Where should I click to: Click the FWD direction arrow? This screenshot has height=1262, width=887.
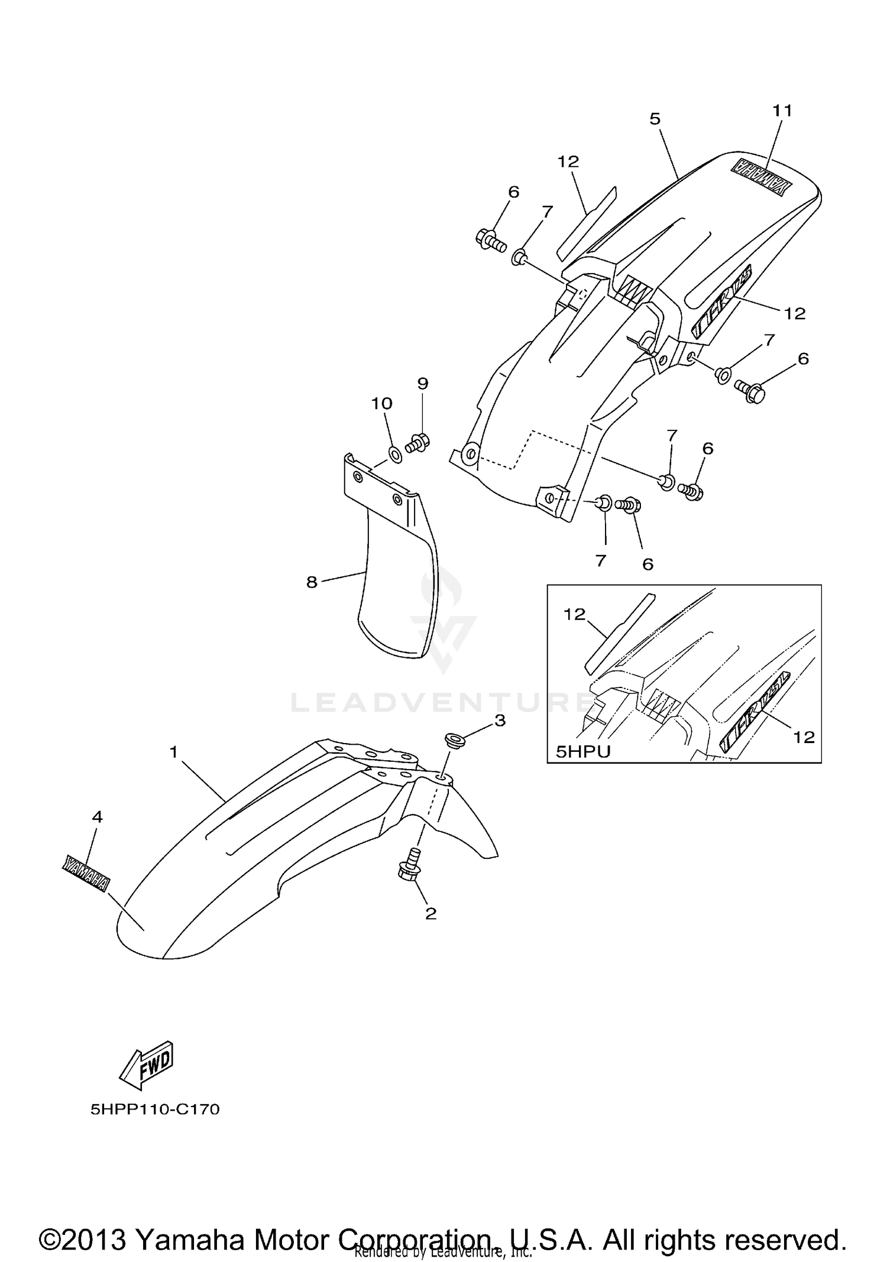(x=146, y=1066)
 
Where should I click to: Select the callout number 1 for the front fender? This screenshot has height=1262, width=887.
(x=173, y=752)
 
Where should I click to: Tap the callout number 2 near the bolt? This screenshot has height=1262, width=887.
(x=430, y=914)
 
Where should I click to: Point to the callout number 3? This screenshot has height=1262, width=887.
(x=97, y=817)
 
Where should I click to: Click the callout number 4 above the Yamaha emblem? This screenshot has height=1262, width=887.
(x=655, y=119)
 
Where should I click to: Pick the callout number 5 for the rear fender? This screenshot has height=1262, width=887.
(x=312, y=582)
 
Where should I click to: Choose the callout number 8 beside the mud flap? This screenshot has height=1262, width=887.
(x=422, y=384)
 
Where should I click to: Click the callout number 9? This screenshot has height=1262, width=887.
(x=381, y=404)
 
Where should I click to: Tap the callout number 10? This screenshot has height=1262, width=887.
(x=782, y=111)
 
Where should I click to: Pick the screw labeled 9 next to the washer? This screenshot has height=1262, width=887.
(x=582, y=751)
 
